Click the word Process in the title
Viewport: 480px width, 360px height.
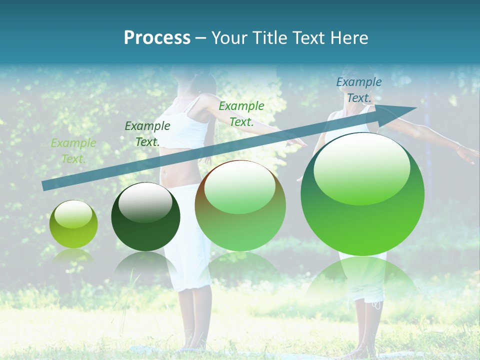pyautogui.click(x=157, y=38)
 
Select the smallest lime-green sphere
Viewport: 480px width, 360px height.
pyautogui.click(x=73, y=224)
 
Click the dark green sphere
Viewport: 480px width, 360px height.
pyautogui.click(x=145, y=217)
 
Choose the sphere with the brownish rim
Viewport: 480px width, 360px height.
pyautogui.click(x=240, y=205)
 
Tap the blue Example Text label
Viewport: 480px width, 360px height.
pyautogui.click(x=358, y=90)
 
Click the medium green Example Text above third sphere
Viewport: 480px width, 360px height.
pyautogui.click(x=241, y=114)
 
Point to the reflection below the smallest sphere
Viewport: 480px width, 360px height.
pyautogui.click(x=73, y=255)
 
